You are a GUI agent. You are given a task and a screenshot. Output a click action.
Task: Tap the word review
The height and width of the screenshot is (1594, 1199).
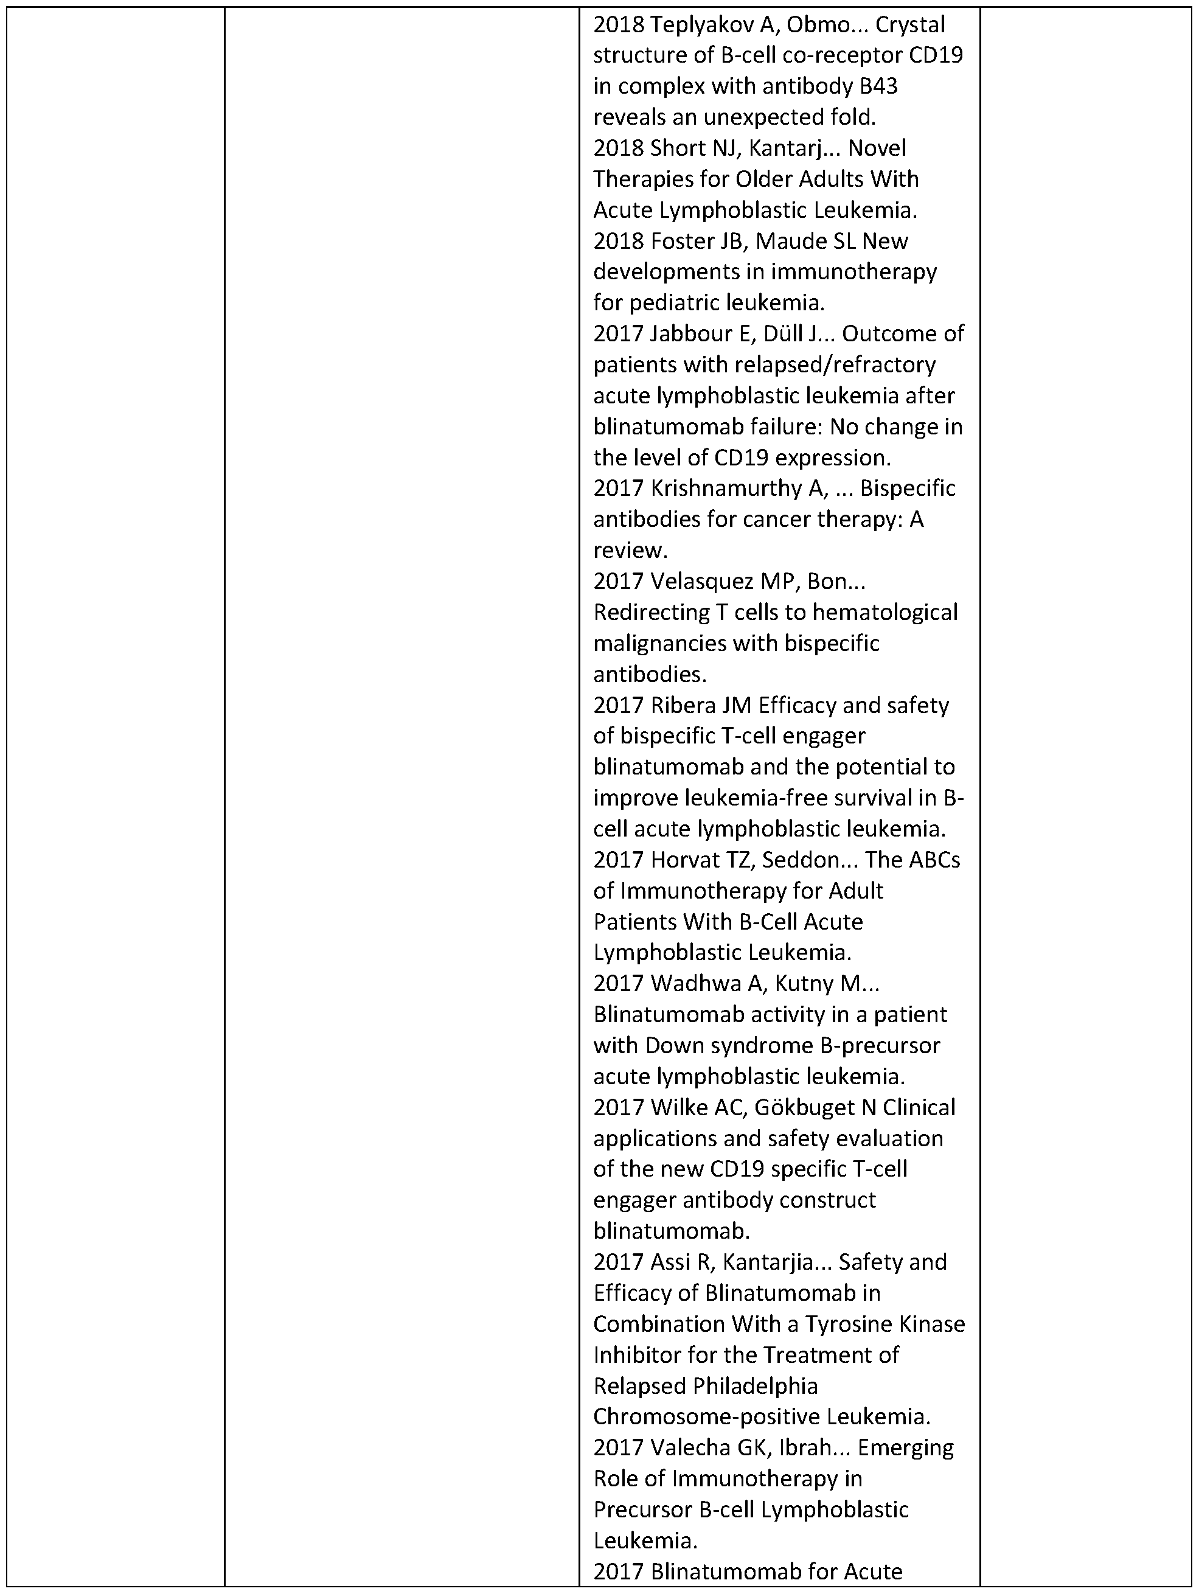click(628, 551)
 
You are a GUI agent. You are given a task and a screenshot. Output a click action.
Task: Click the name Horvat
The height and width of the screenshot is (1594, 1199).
click(685, 860)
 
